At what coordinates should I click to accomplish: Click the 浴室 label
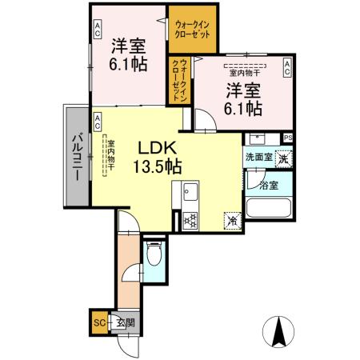coord(269,186)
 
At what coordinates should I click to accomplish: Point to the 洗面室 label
coord(258,158)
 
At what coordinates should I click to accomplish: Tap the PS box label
coord(287,138)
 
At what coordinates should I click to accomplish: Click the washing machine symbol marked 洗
coord(282,158)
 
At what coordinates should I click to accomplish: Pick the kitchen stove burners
coord(190,218)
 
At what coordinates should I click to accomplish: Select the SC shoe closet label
coord(98,323)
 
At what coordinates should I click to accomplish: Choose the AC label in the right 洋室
coord(286,69)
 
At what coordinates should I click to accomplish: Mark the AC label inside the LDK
coord(97,122)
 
